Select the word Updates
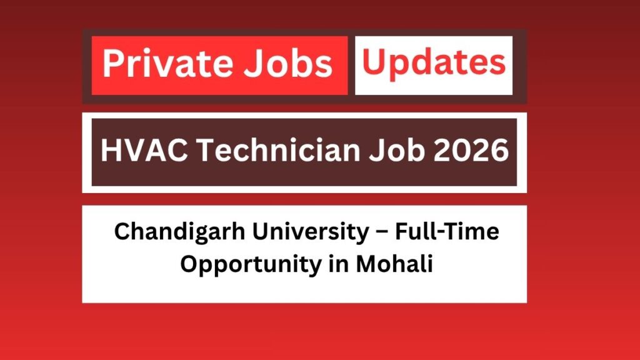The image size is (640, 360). pos(434,62)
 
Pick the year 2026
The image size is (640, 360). pos(472,152)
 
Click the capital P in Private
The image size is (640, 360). pos(112,65)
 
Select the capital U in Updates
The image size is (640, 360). pos(374,62)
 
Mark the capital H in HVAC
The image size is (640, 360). pos(108,152)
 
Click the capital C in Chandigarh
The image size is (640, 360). pos(121,232)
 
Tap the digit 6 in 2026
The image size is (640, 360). pos(499,152)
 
